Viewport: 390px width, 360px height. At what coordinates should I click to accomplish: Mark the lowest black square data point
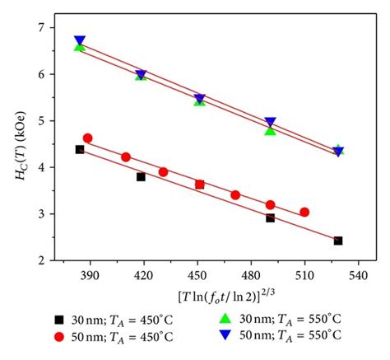(x=338, y=241)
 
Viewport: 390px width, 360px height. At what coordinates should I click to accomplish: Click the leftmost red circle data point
(x=88, y=138)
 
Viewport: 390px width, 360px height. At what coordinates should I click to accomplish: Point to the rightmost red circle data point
(x=304, y=212)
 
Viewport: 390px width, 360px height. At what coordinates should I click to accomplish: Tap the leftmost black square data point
(x=80, y=149)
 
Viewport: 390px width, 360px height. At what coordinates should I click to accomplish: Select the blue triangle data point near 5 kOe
(x=270, y=122)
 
